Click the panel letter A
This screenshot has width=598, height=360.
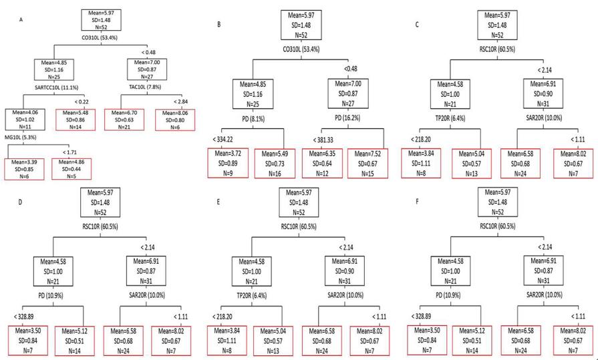[x=21, y=19]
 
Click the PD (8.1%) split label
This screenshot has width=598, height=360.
[x=251, y=124]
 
